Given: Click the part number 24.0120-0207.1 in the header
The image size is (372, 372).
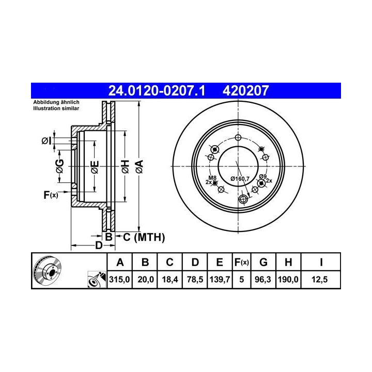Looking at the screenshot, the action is coord(157,90).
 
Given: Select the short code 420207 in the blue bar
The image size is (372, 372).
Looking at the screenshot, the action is coord(245,90).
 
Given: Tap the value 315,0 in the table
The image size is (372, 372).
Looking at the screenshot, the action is coord(119,280).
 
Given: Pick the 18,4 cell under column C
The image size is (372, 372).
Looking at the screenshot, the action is coord(170,280).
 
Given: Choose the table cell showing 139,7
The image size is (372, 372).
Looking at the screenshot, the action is coord(220,280).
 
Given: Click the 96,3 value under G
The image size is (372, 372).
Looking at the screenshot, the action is coord(263,280).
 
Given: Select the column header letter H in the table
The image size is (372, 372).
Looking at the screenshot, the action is coord(288,262).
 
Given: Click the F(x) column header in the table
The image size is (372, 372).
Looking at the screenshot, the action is coord(241,262).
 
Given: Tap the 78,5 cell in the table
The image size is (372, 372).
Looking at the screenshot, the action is coord(195,280).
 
